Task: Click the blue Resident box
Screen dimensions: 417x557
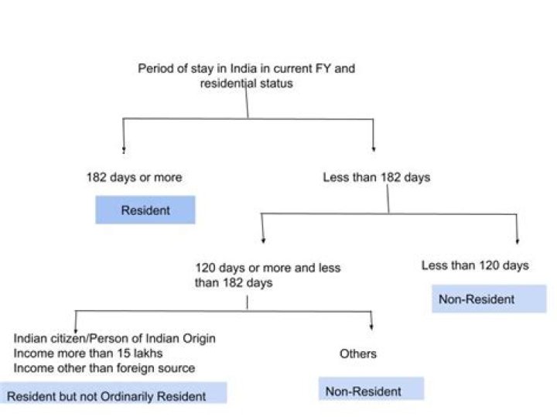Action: coord(145,210)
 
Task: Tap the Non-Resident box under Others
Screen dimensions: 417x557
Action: coord(371,390)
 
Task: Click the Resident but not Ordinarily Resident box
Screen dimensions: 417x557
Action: coord(113,395)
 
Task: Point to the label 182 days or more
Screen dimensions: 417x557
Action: coord(134,177)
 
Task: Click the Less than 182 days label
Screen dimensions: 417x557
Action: coord(376,177)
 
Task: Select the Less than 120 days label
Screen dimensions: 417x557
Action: coord(475,265)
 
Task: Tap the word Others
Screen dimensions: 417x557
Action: coord(358,354)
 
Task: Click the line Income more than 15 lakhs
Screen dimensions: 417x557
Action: coord(88,354)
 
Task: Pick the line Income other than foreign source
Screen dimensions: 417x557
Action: coord(104,367)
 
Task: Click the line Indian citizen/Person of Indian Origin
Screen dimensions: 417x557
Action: coord(114,339)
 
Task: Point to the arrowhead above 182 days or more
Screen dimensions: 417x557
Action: coord(124,149)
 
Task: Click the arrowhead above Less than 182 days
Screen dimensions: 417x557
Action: coord(374,149)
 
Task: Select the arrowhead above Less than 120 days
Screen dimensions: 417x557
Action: coord(517,241)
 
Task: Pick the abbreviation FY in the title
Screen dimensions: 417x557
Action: coord(317,68)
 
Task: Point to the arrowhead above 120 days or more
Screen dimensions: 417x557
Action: coord(263,241)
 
